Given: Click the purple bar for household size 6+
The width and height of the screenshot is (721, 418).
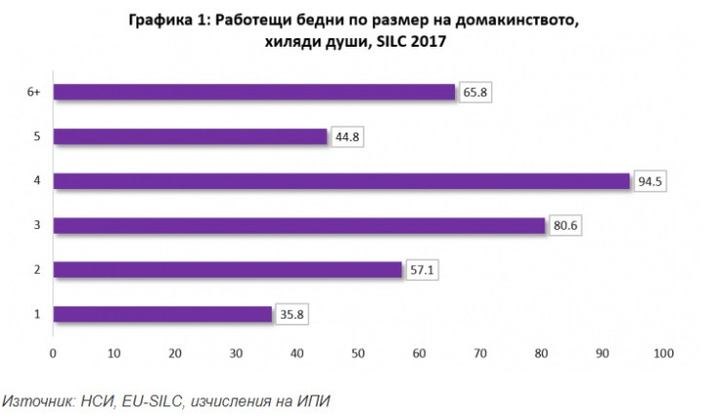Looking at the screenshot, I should tap(253, 93).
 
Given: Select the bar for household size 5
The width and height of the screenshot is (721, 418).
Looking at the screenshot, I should tap(190, 137).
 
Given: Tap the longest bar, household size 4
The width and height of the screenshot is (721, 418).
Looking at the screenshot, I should tap(341, 181).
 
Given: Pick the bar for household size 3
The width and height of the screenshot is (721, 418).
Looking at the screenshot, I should tap(298, 226).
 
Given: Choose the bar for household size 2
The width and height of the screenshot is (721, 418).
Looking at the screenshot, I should tap(227, 270).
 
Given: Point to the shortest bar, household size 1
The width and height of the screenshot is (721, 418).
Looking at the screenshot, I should tap(162, 314).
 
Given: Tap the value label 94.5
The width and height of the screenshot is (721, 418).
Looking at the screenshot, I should tap(649, 181).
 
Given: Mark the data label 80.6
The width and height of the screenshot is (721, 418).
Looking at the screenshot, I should tap(564, 226).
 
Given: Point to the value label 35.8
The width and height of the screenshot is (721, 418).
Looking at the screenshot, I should tap(289, 314).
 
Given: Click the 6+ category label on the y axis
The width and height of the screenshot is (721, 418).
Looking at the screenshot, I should tap(33, 93).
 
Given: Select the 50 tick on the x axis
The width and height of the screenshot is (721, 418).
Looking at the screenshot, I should tap(359, 352).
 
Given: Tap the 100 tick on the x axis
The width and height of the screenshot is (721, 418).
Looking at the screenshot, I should tap(664, 352).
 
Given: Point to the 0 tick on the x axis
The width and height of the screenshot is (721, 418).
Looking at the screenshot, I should tap(54, 352).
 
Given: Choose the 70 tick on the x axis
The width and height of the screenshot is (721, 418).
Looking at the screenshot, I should tap(480, 352).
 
